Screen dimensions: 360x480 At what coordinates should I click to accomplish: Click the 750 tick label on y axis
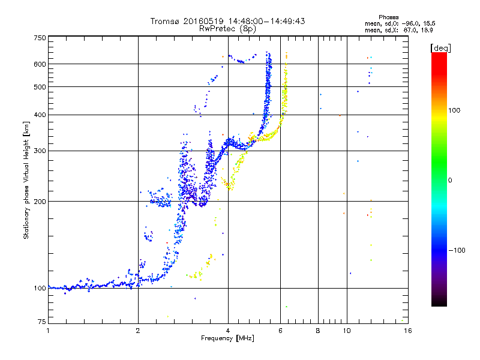40,38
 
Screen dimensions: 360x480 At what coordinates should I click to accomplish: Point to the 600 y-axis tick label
40,64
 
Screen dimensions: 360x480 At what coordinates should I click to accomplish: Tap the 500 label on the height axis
40,87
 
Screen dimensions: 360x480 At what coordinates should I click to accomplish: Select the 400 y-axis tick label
40,115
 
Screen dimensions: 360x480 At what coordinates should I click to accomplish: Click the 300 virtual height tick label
40,151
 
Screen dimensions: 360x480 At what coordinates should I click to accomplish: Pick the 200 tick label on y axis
40,201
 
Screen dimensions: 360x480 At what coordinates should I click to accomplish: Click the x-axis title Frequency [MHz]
228,338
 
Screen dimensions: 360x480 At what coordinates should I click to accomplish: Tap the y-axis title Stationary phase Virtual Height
26,180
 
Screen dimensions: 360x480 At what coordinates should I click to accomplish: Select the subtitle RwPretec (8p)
228,28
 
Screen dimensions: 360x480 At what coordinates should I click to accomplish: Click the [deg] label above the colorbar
440,47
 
